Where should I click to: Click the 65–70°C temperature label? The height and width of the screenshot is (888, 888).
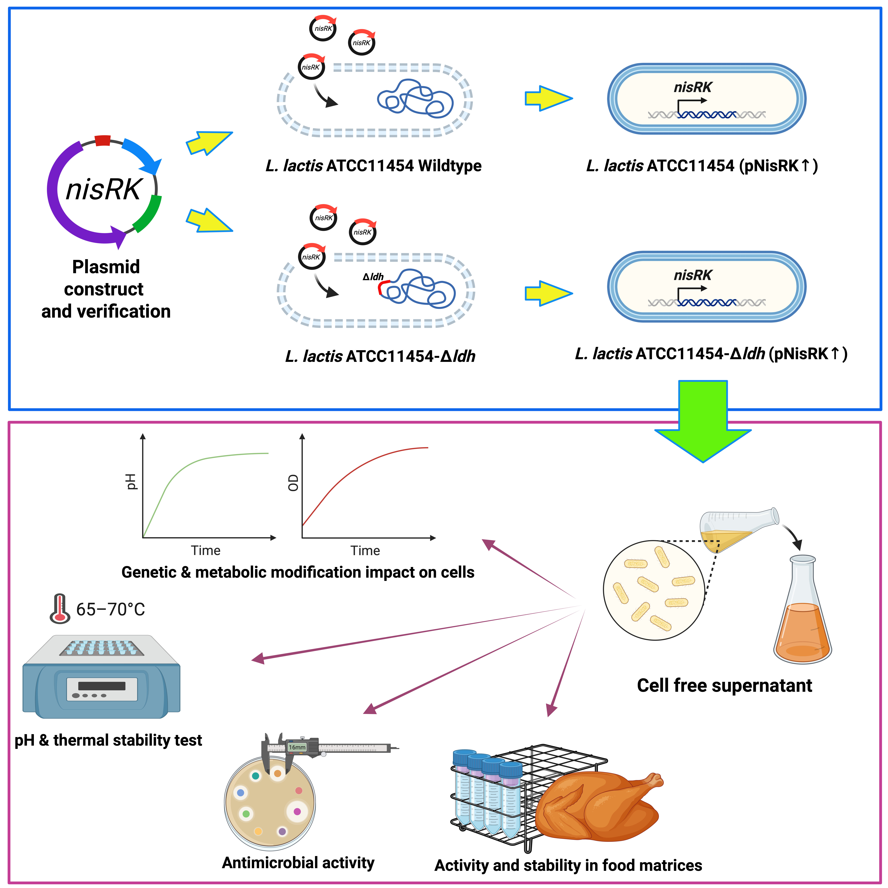pyautogui.click(x=110, y=609)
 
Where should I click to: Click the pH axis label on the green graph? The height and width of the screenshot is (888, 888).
pyautogui.click(x=131, y=482)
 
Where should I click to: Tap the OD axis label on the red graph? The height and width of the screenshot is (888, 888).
pyautogui.click(x=293, y=483)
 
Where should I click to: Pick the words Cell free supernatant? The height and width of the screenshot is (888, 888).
pyautogui.click(x=724, y=685)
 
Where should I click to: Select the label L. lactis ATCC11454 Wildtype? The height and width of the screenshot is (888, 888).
pyautogui.click(x=373, y=165)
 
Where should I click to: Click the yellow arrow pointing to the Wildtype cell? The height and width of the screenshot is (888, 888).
pyautogui.click(x=209, y=143)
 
